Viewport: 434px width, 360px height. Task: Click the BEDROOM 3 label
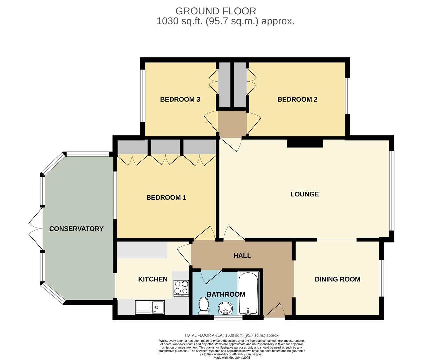coord(180,99)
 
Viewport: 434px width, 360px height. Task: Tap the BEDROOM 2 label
coord(297,99)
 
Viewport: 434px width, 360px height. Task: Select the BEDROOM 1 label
coord(166,198)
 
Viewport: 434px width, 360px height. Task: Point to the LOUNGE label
coord(304,194)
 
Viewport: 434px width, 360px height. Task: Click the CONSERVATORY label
coord(76,229)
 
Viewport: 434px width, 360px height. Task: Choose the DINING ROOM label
coord(337,279)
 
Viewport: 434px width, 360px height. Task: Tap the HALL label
coord(242,256)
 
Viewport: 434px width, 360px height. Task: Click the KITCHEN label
coord(153,279)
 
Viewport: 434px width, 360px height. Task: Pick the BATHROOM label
coord(226,294)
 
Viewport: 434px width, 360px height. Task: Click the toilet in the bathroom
coord(203,306)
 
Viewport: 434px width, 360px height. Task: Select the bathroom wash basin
coord(226,308)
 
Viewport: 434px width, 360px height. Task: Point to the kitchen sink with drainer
coord(150,307)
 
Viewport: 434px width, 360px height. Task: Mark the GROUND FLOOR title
coord(216,11)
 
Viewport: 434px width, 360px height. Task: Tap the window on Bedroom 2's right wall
coord(347,96)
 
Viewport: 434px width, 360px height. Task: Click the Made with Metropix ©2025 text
coord(232,358)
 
